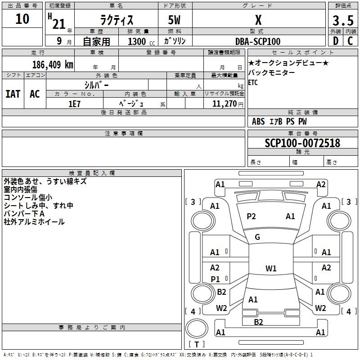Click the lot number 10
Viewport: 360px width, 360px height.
click(x=22, y=19)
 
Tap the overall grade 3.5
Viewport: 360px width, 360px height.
click(x=343, y=20)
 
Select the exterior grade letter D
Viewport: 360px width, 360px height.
click(x=336, y=41)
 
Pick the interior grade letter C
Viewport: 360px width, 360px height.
click(x=350, y=41)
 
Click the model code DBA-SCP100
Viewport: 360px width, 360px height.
click(x=258, y=41)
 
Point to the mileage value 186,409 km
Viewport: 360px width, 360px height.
click(x=53, y=65)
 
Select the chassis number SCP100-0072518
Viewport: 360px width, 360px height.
click(x=302, y=143)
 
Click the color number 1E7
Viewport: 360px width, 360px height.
click(x=74, y=104)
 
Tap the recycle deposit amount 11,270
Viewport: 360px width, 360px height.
click(x=225, y=104)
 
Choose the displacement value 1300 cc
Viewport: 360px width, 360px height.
click(x=141, y=41)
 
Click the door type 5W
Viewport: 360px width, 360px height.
click(x=174, y=20)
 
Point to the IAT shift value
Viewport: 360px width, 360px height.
click(x=13, y=94)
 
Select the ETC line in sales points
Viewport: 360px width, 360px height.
click(x=253, y=82)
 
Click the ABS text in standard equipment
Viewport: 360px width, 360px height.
click(x=258, y=121)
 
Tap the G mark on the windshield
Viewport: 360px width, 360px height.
click(x=257, y=237)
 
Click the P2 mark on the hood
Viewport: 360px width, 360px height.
click(x=251, y=216)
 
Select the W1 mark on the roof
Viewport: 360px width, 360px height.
click(x=271, y=268)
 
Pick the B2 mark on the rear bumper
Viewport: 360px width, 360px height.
click(x=258, y=322)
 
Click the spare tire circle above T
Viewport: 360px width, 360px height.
click(x=197, y=328)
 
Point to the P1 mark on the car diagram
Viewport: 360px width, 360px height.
click(x=215, y=279)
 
